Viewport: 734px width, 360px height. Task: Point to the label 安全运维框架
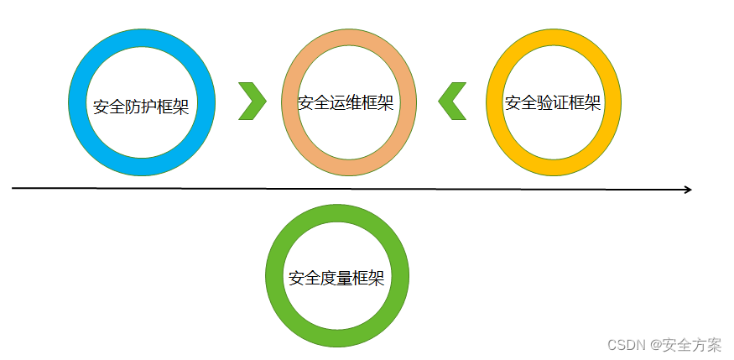click(346, 103)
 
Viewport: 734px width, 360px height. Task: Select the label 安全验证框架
click(553, 103)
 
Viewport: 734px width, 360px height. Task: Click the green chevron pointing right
click(252, 102)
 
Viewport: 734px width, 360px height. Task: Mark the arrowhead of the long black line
click(687, 190)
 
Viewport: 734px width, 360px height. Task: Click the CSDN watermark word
click(625, 345)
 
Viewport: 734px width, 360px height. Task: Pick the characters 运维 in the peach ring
click(346, 103)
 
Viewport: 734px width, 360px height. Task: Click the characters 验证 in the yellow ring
click(553, 103)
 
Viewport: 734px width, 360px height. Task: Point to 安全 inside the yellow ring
click(521, 103)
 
